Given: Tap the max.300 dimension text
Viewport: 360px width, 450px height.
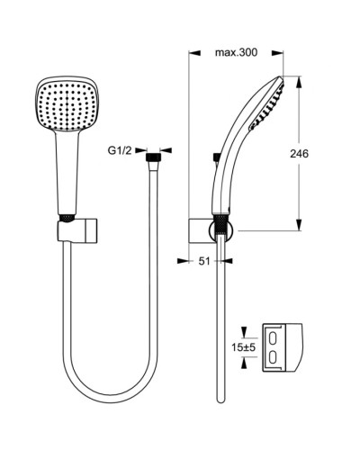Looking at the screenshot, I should tap(236, 53).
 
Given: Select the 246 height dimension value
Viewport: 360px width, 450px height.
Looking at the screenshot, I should tap(300, 154).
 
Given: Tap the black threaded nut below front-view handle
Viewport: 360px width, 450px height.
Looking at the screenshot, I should tap(66, 218).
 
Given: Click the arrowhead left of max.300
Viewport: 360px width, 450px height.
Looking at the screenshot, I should tap(193, 53).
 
